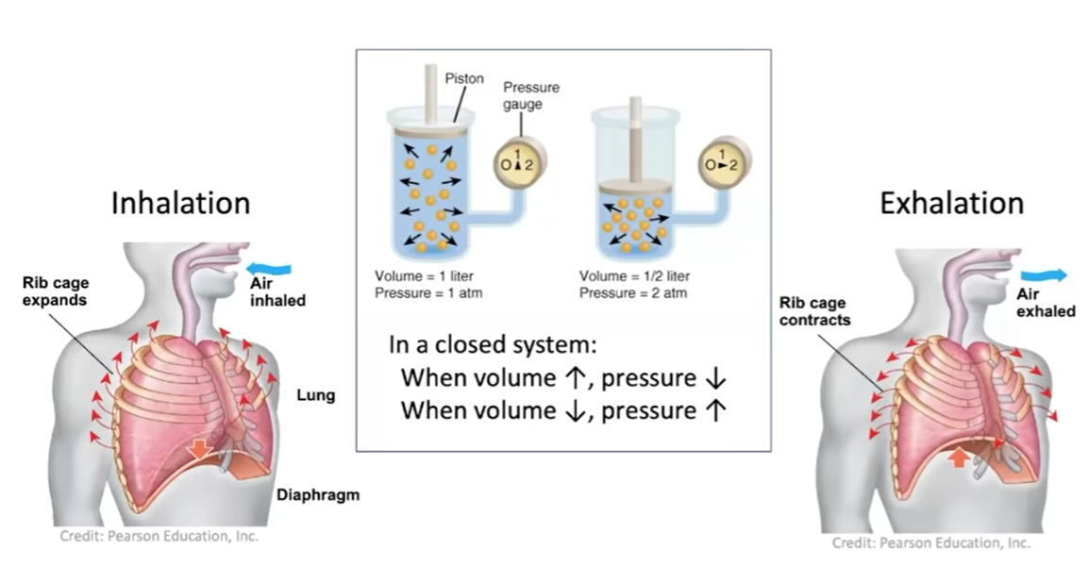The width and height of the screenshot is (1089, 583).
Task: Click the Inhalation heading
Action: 180,203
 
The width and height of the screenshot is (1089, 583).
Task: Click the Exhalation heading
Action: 951,203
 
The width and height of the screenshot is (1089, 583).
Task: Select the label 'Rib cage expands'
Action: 56,291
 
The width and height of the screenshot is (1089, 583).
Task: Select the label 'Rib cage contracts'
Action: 814,311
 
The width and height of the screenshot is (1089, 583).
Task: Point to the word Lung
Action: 315,395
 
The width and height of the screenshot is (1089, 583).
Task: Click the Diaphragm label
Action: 317,494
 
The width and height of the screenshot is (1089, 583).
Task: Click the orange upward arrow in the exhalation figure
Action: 958,458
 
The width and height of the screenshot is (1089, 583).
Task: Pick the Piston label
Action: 463,79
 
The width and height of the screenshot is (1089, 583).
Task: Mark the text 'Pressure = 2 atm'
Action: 633,292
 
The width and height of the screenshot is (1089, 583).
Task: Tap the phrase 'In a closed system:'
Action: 494,344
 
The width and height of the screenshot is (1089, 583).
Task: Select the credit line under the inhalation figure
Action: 159,536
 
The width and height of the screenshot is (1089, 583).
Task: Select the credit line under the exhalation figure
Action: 930,542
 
